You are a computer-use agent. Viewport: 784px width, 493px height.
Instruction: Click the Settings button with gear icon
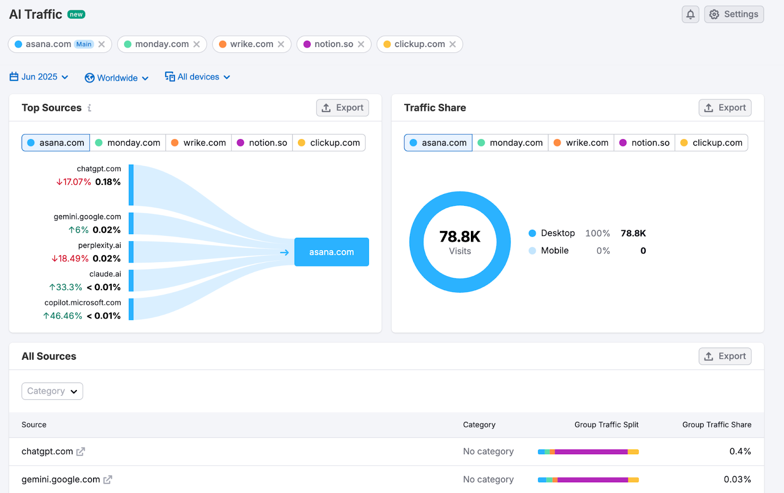tap(734, 14)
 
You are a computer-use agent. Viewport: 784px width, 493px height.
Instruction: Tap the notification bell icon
tap(690, 14)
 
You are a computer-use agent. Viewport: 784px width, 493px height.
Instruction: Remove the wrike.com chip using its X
tap(281, 44)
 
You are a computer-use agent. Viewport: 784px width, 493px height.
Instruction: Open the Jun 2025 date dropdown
tap(39, 77)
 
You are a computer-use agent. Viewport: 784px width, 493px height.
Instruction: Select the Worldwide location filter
tap(117, 78)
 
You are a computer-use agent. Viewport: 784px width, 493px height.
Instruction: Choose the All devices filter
tap(197, 77)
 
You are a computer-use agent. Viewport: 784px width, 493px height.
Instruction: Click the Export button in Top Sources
tap(343, 108)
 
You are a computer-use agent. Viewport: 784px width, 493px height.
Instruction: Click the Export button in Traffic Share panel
tap(725, 108)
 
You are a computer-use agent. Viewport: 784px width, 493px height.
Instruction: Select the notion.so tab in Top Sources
tap(262, 143)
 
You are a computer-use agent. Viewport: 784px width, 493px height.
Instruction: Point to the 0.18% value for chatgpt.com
tap(108, 182)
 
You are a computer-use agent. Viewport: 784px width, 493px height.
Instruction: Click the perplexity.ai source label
tap(99, 245)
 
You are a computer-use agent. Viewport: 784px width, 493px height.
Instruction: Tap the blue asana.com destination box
tap(331, 252)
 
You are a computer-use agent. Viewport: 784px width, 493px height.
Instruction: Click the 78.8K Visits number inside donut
tap(460, 237)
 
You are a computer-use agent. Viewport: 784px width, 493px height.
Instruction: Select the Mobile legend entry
tap(554, 250)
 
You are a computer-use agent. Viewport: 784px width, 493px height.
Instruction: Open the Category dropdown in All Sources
tap(52, 391)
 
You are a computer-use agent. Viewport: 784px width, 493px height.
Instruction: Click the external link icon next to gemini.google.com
tap(108, 479)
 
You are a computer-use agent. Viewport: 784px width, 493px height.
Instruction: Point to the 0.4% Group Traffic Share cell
tap(739, 451)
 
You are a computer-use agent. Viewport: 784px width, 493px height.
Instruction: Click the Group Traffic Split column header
tap(606, 424)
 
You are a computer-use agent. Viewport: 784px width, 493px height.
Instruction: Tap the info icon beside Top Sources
tap(89, 108)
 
